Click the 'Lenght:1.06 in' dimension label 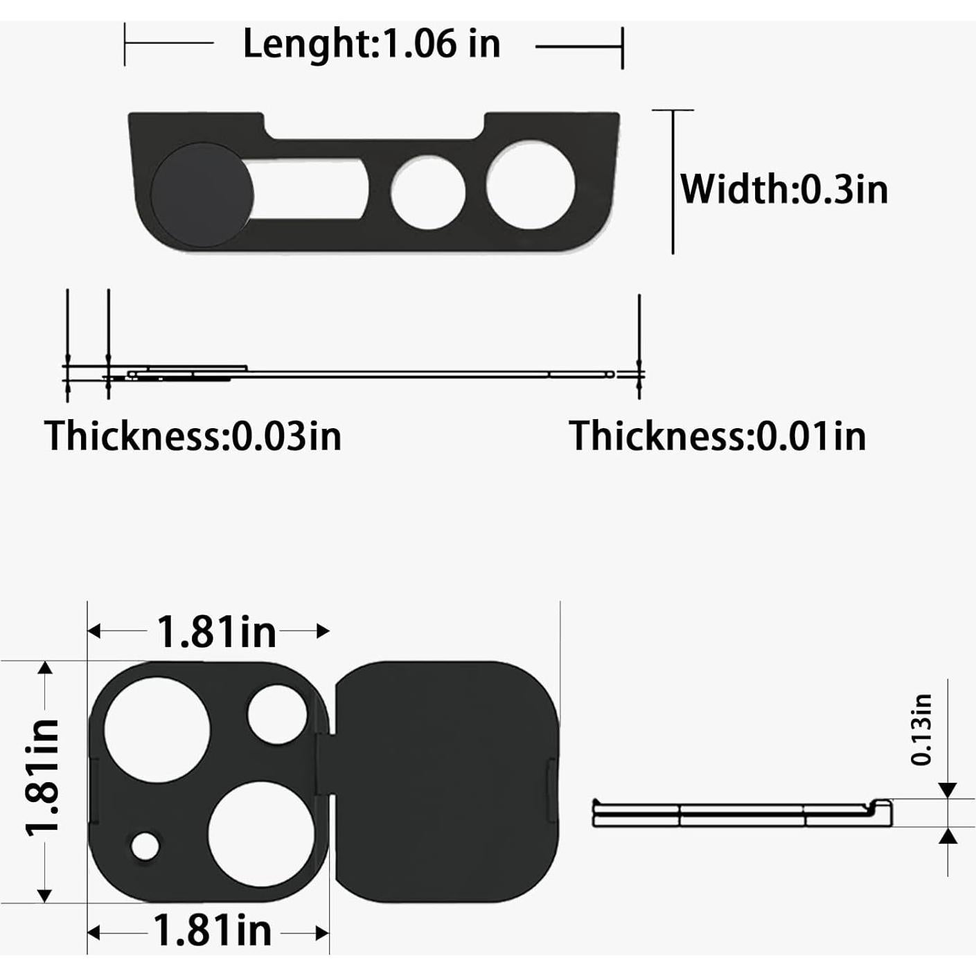pyautogui.click(x=371, y=44)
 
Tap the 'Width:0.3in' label pyautogui.click(x=783, y=188)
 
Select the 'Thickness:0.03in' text pyautogui.click(x=193, y=436)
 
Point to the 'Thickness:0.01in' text pyautogui.click(x=717, y=436)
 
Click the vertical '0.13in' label pyautogui.click(x=921, y=729)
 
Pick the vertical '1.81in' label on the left pyautogui.click(x=43, y=777)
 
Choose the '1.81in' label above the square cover pyautogui.click(x=216, y=632)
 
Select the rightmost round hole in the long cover pyautogui.click(x=531, y=184)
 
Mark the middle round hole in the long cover pyautogui.click(x=428, y=193)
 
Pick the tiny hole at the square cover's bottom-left pyautogui.click(x=145, y=846)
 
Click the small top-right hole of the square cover pyautogui.click(x=278, y=714)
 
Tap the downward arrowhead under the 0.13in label pyautogui.click(x=948, y=790)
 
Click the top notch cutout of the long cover pyautogui.click(x=374, y=125)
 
